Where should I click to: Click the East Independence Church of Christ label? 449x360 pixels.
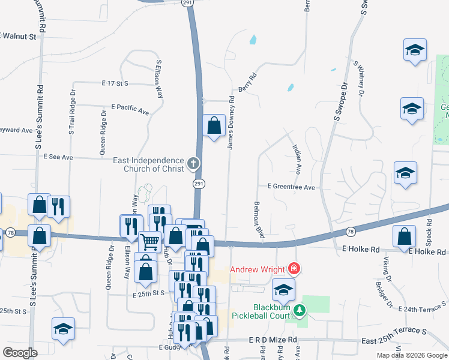149,165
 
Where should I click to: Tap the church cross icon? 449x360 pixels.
193,163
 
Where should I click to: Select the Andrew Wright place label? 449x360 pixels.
257,268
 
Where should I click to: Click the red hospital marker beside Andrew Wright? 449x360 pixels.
294,268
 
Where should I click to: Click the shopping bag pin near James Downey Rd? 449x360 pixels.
214,126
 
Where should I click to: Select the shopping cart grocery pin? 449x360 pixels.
150,242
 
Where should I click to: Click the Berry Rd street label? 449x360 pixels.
247,83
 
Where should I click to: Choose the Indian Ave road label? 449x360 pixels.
297,157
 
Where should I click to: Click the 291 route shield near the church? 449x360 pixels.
197,183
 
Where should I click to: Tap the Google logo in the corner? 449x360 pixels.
20,353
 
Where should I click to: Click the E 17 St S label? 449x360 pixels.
116,83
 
